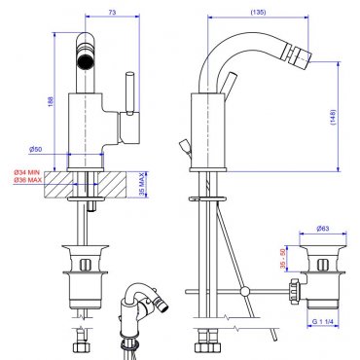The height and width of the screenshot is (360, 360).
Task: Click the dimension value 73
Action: pyautogui.click(x=112, y=13)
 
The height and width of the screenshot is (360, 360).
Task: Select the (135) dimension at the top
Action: pyautogui.click(x=258, y=13)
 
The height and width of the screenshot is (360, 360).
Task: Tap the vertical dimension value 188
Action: pyautogui.click(x=51, y=101)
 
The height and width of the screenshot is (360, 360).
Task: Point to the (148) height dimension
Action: pyautogui.click(x=334, y=117)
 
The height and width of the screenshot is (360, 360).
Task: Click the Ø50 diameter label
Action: pyautogui.click(x=36, y=150)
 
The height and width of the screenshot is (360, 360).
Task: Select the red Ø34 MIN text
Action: pyautogui.click(x=27, y=172)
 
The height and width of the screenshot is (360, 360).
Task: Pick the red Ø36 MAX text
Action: pyautogui.click(x=27, y=180)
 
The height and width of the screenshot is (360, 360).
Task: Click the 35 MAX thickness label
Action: pyautogui.click(x=142, y=184)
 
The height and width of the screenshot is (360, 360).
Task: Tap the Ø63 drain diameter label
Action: pyautogui.click(x=323, y=229)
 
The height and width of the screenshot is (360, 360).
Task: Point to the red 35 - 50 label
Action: pyautogui.click(x=283, y=259)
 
